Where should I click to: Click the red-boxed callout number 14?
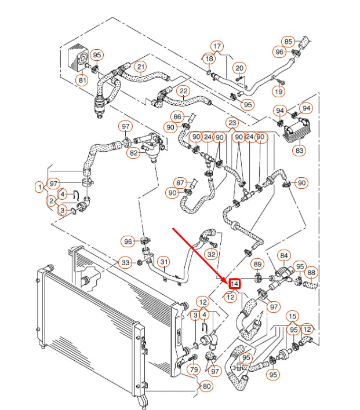point(235,284)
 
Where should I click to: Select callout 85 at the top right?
point(288,41)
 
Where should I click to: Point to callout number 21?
point(141,67)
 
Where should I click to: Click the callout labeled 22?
point(183,91)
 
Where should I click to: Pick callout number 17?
point(217,46)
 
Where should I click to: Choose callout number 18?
point(209,58)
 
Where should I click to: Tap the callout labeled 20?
point(239,68)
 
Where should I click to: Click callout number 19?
point(279,91)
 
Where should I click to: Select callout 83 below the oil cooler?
point(299,151)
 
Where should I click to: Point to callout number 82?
point(134,153)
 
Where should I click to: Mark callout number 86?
point(177,116)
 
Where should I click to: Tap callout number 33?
point(126,263)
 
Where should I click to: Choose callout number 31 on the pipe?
point(164,261)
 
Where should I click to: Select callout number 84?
point(284,255)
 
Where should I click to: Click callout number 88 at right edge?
point(311,272)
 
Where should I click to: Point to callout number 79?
point(194,369)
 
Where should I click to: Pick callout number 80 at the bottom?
point(205,386)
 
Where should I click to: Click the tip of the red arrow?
point(228,279)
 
